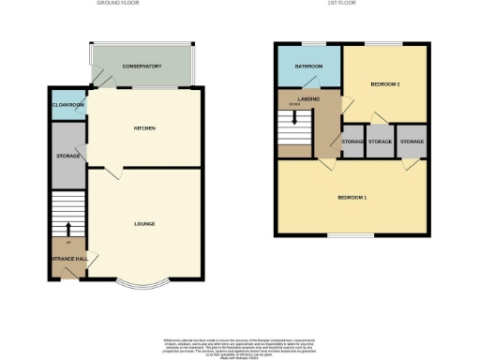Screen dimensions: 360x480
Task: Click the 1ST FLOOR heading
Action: tap(338, 4)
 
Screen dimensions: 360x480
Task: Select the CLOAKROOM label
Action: tap(67, 105)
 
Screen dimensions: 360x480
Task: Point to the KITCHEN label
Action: tap(143, 128)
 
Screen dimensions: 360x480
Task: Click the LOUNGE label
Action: tap(143, 223)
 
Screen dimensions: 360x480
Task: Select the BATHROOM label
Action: tap(308, 67)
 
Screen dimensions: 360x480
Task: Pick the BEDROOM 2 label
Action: tap(385, 85)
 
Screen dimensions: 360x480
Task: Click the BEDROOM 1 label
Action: tap(352, 198)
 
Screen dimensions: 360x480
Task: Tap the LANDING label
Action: tap(309, 97)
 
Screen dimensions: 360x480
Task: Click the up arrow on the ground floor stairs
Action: tap(67, 227)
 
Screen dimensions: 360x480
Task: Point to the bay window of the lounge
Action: tap(142, 283)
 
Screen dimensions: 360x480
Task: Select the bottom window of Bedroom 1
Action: tap(352, 234)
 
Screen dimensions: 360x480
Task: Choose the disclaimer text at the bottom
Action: tap(240, 344)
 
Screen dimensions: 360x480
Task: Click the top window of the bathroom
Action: tap(309, 43)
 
